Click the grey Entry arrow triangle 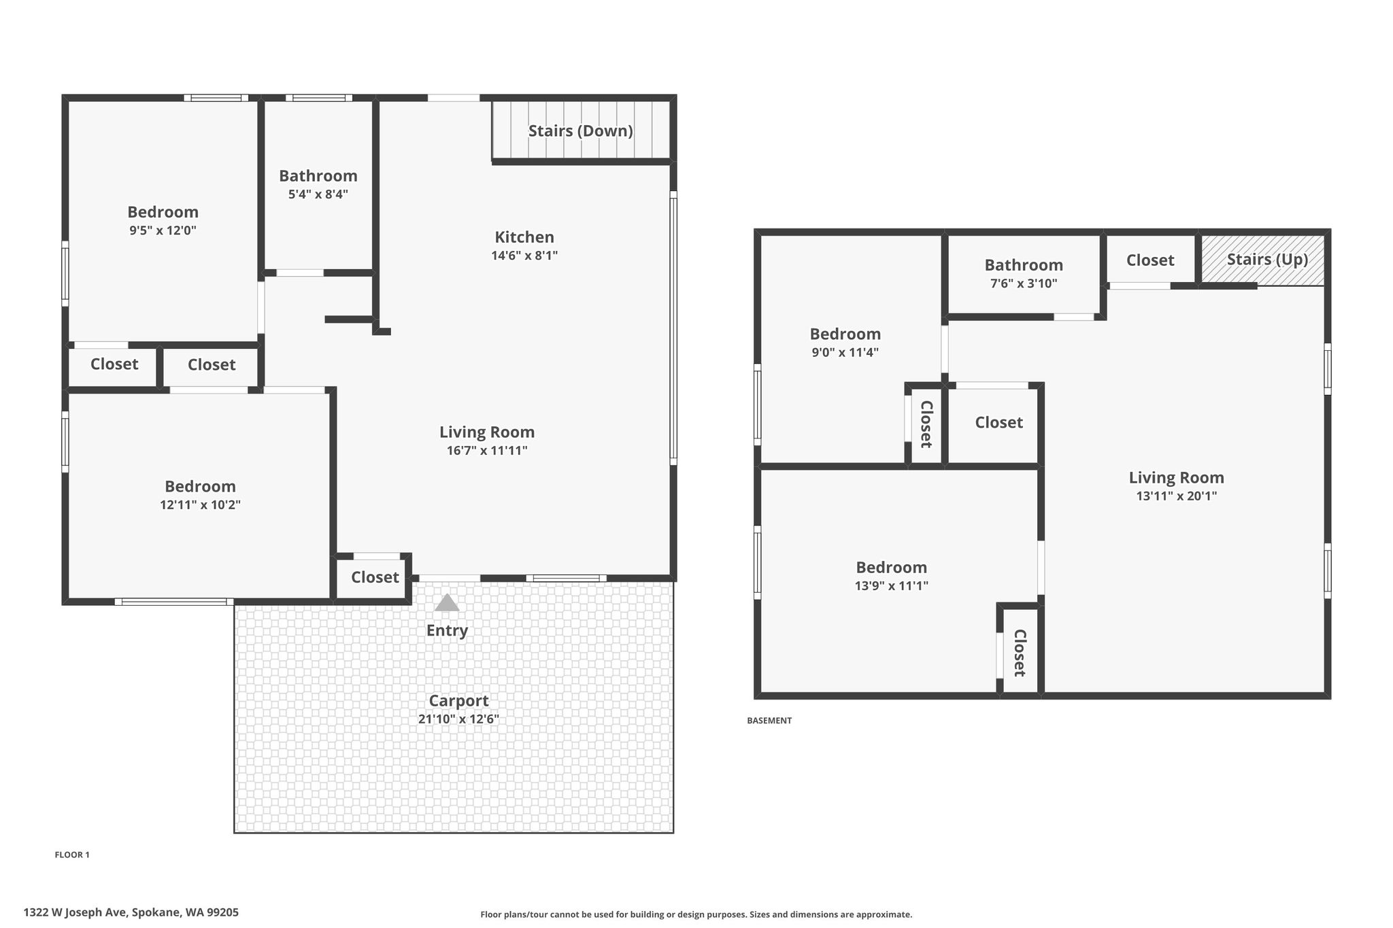(447, 603)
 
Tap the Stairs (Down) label (581, 131)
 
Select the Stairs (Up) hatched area (1263, 260)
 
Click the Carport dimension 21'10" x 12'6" (458, 719)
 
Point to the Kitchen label (524, 237)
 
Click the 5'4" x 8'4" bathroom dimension (318, 194)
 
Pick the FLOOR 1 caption (72, 855)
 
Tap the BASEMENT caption (769, 721)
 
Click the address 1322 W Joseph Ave (75, 912)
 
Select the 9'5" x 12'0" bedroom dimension (163, 230)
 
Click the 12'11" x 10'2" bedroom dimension (201, 505)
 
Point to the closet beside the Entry (375, 577)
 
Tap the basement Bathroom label (1024, 265)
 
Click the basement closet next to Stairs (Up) (1150, 260)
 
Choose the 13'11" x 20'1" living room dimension (1177, 496)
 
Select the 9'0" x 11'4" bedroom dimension (845, 353)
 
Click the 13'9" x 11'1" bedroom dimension (892, 586)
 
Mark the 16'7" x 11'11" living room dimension (487, 451)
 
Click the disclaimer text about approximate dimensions (696, 914)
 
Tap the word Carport (458, 701)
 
